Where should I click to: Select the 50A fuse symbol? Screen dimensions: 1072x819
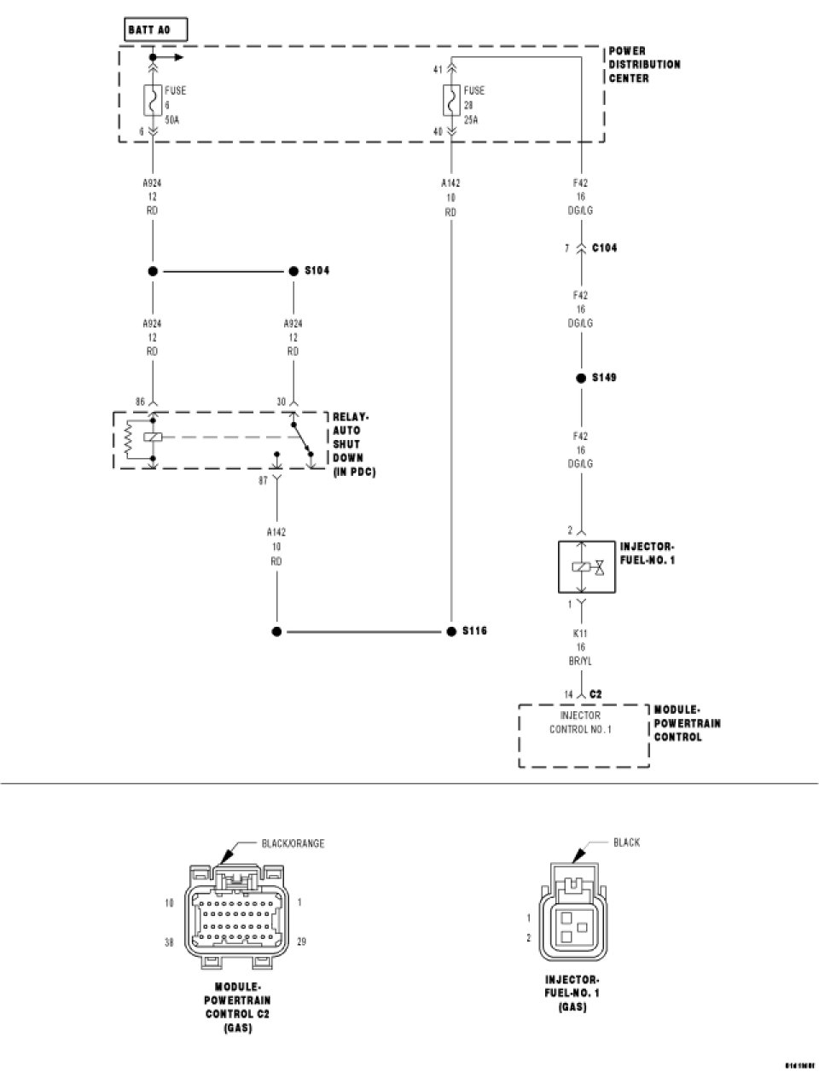tap(153, 102)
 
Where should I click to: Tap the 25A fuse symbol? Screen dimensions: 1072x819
tap(449, 102)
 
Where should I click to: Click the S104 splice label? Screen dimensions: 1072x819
tap(317, 270)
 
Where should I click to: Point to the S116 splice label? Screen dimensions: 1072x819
tap(474, 631)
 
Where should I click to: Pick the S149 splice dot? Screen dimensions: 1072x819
tap(580, 377)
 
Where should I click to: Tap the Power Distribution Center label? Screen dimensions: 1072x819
tap(644, 65)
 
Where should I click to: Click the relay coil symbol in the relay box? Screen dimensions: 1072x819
tap(152, 437)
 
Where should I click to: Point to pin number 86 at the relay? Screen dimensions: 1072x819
tap(140, 401)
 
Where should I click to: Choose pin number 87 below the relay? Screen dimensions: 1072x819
tap(264, 480)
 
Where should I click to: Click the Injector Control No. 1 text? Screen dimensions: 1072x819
tap(580, 722)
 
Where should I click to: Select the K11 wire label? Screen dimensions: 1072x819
tap(581, 634)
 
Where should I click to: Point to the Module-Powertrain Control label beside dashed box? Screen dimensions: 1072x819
tap(687, 722)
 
